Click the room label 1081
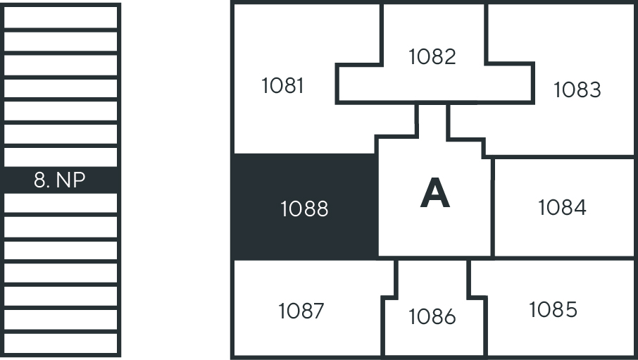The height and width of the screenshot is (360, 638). (282, 86)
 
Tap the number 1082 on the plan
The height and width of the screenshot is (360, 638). (432, 56)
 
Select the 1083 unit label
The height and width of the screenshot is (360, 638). (577, 89)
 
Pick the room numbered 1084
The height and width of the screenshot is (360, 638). (562, 208)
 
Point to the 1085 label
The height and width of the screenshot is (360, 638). (553, 309)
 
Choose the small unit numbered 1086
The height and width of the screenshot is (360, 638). (432, 317)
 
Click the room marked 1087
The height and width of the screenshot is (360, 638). (301, 311)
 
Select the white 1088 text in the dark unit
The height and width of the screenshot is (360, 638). (304, 209)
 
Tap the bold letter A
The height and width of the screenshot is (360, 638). (434, 194)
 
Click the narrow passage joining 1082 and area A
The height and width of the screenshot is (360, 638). (432, 120)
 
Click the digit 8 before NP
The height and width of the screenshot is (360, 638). (39, 180)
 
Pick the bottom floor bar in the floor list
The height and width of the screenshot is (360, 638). (61, 343)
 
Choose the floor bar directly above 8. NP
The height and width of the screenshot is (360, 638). (61, 157)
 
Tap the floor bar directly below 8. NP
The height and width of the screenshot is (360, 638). (61, 204)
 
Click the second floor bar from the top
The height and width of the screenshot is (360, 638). (61, 41)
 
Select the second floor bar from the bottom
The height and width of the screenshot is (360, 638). (61, 320)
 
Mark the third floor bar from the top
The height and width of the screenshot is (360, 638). (61, 64)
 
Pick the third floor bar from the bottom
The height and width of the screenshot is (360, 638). (61, 297)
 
